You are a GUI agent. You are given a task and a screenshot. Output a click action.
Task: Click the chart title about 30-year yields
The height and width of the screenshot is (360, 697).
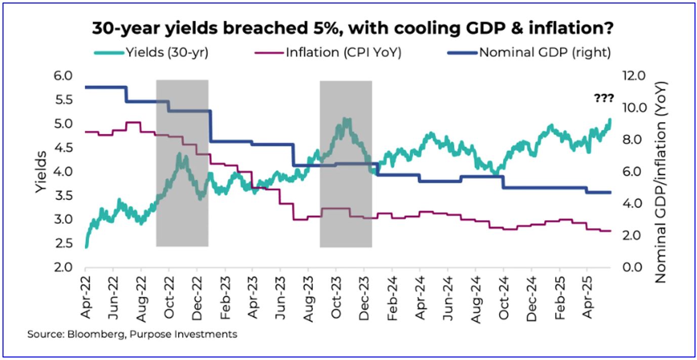coord(353,29)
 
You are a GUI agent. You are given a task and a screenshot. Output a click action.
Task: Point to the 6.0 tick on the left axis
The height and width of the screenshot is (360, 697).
coord(63,76)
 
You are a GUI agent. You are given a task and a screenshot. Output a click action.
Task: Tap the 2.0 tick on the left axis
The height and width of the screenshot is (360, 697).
coord(63,268)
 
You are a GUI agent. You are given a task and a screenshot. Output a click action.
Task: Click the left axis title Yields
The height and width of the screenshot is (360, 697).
coord(42,172)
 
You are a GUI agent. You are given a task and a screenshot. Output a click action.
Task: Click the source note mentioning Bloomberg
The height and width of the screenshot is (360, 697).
coord(132,334)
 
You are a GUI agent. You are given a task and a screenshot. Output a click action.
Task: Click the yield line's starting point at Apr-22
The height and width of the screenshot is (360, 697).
coord(86,247)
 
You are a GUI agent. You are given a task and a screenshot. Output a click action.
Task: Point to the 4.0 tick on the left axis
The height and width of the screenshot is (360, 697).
coord(63,172)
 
